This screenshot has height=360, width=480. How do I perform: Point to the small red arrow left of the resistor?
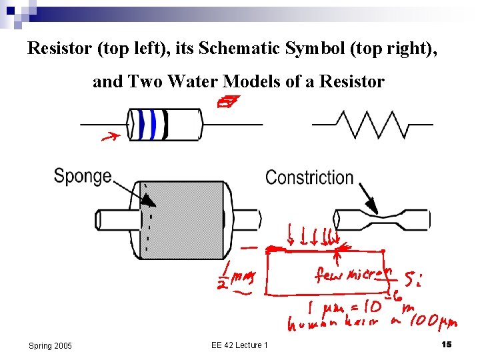[x=110, y=138]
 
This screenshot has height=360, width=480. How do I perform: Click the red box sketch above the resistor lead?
[x=228, y=102]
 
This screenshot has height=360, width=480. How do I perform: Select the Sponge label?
[x=82, y=175]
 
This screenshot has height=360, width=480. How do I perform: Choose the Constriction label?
[x=309, y=177]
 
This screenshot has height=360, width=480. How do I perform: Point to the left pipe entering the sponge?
[x=116, y=219]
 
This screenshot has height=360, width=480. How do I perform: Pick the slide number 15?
[x=447, y=343]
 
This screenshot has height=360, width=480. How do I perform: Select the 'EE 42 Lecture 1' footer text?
[x=239, y=345]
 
